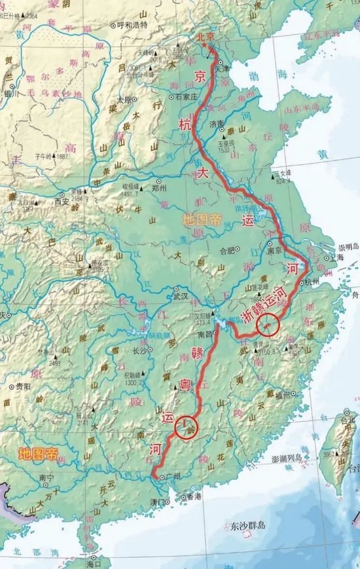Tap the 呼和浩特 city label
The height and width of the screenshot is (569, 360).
coord(132,25)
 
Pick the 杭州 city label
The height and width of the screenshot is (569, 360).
coord(310,282)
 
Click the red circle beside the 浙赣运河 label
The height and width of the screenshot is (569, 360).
coord(268,323)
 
